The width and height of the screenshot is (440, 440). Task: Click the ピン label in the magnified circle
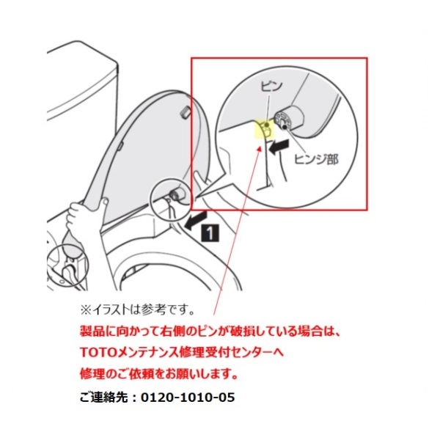point(271,86)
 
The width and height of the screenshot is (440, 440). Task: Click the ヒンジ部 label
point(316,159)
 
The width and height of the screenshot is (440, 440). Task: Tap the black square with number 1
point(210,232)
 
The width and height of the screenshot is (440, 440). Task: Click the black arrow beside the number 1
point(196,220)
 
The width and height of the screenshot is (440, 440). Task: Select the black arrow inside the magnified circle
point(279,147)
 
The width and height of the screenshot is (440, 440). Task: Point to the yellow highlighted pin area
point(264,128)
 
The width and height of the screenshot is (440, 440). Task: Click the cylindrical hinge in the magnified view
point(289,118)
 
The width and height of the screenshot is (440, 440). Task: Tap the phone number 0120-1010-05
point(188,397)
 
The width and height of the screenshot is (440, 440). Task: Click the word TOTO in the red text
point(98,353)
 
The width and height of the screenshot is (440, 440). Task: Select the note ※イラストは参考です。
point(138,309)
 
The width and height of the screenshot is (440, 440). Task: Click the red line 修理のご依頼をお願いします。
point(159,374)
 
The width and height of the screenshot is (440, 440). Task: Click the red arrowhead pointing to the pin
point(260,147)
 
